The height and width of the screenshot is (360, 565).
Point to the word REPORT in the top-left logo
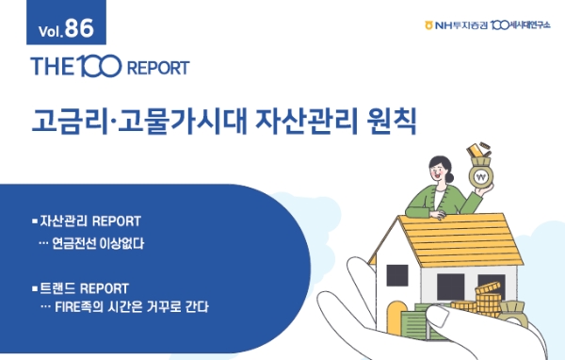155,69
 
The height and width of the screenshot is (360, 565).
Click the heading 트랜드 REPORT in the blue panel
85,286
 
